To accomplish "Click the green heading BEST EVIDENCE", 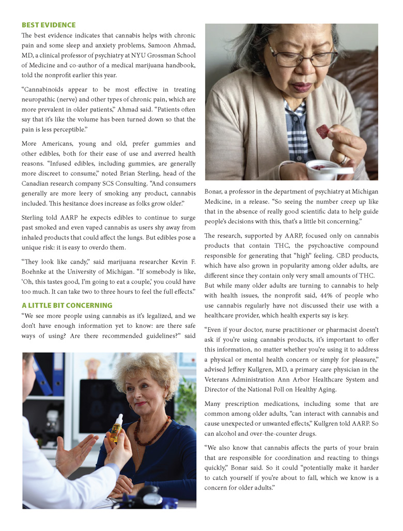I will [49, 25].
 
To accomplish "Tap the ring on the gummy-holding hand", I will [343, 161].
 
